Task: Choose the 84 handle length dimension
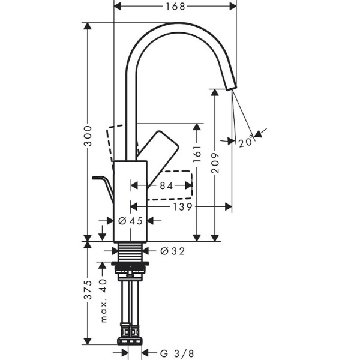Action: tap(166, 187)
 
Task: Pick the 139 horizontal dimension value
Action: tap(184, 207)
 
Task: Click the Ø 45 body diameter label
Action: tap(131, 221)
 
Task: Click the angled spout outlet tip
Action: tap(231, 85)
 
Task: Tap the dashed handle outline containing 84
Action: tap(180, 183)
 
